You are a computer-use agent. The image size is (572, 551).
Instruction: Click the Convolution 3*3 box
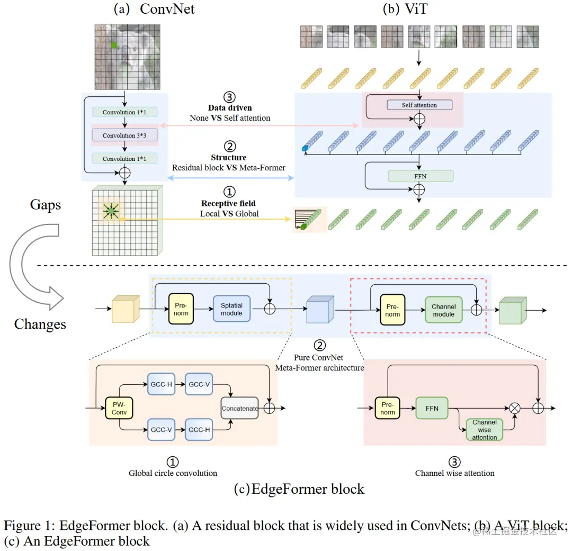click(x=124, y=136)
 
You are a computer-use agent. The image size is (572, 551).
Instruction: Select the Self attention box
click(x=419, y=105)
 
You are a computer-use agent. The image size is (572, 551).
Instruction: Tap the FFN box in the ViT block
click(x=421, y=176)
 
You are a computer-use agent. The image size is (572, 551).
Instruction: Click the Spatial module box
click(x=231, y=309)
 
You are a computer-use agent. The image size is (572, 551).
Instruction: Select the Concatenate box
click(x=239, y=408)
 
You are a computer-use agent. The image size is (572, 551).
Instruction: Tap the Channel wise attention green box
click(x=484, y=430)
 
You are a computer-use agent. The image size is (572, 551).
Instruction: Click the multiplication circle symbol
click(x=514, y=408)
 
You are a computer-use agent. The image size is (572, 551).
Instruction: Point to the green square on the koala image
click(x=114, y=46)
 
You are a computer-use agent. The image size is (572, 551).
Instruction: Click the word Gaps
click(x=46, y=205)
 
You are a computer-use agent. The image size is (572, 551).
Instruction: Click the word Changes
click(x=40, y=324)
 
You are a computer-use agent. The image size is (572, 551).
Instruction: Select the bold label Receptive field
click(x=228, y=203)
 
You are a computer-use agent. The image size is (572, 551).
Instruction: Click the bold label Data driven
click(x=230, y=108)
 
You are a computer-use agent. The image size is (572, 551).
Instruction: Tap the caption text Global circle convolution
click(x=173, y=473)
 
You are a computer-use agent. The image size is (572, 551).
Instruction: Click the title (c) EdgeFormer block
click(x=299, y=489)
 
